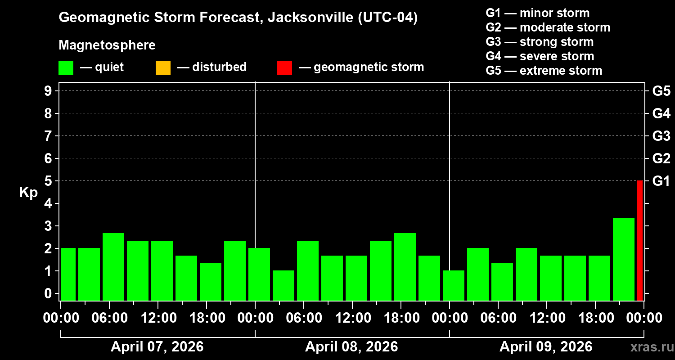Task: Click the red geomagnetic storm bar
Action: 640,240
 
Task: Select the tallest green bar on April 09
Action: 624,259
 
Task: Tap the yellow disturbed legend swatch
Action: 163,68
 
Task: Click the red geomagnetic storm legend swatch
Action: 284,68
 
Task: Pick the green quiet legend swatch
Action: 66,68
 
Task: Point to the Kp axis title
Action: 28,193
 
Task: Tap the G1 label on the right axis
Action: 661,181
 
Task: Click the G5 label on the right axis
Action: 661,91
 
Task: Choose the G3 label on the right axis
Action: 661,136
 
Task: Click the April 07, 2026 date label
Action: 157,347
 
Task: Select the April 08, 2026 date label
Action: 351,347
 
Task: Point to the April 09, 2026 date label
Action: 546,347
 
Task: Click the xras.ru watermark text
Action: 648,347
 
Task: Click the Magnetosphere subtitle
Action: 107,45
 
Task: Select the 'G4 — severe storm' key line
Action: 540,56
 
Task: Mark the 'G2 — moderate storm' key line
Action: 548,27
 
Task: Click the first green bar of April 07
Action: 68,274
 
